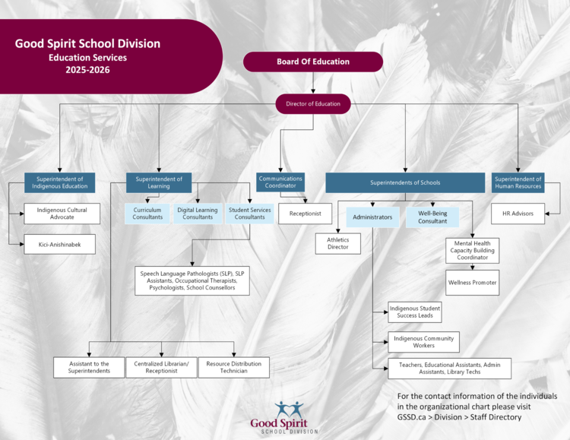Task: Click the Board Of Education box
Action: coord(313,62)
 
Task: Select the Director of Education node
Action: coord(313,104)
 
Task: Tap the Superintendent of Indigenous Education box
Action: coord(59,182)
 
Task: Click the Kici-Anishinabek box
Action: coord(59,245)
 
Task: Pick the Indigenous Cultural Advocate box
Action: coord(62,214)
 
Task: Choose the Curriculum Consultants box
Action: coord(147,214)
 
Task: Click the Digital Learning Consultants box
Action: coord(198,214)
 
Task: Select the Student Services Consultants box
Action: coord(250,214)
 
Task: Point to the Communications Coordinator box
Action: coord(280,182)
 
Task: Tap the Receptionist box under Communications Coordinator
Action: coord(305,214)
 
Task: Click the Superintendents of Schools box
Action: coord(405,182)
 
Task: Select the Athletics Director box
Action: coord(337,244)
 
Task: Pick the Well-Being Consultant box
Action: coord(432,217)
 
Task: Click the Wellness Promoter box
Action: coord(472,283)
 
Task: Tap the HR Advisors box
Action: coord(518,214)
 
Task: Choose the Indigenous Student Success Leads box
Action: coord(415,312)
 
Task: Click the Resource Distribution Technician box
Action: coord(234,367)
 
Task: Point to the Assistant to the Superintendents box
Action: coord(89,367)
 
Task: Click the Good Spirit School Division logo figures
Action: coord(289,409)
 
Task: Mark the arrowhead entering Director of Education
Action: coord(313,91)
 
